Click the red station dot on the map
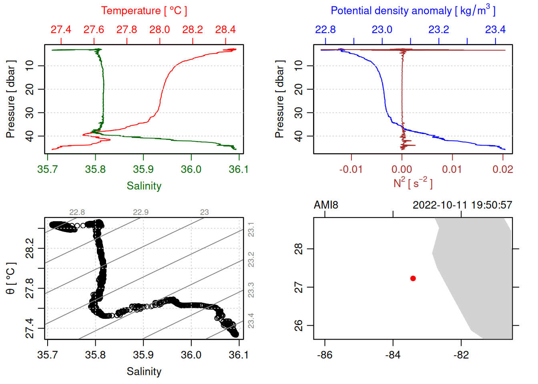[413, 278]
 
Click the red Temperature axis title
[144, 11]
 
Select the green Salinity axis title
[144, 186]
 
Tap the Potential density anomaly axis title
[413, 11]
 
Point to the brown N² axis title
[413, 183]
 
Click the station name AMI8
[326, 205]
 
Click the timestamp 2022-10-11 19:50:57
[462, 205]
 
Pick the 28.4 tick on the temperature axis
[225, 30]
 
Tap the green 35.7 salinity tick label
[47, 170]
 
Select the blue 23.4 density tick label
[495, 30]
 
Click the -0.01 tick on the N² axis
[351, 170]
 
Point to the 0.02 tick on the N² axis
[503, 170]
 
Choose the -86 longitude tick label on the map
[325, 355]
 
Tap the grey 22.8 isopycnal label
[77, 212]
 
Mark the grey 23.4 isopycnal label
[251, 321]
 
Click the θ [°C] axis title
[11, 278]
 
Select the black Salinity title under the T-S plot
[144, 372]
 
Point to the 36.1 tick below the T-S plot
[239, 355]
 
